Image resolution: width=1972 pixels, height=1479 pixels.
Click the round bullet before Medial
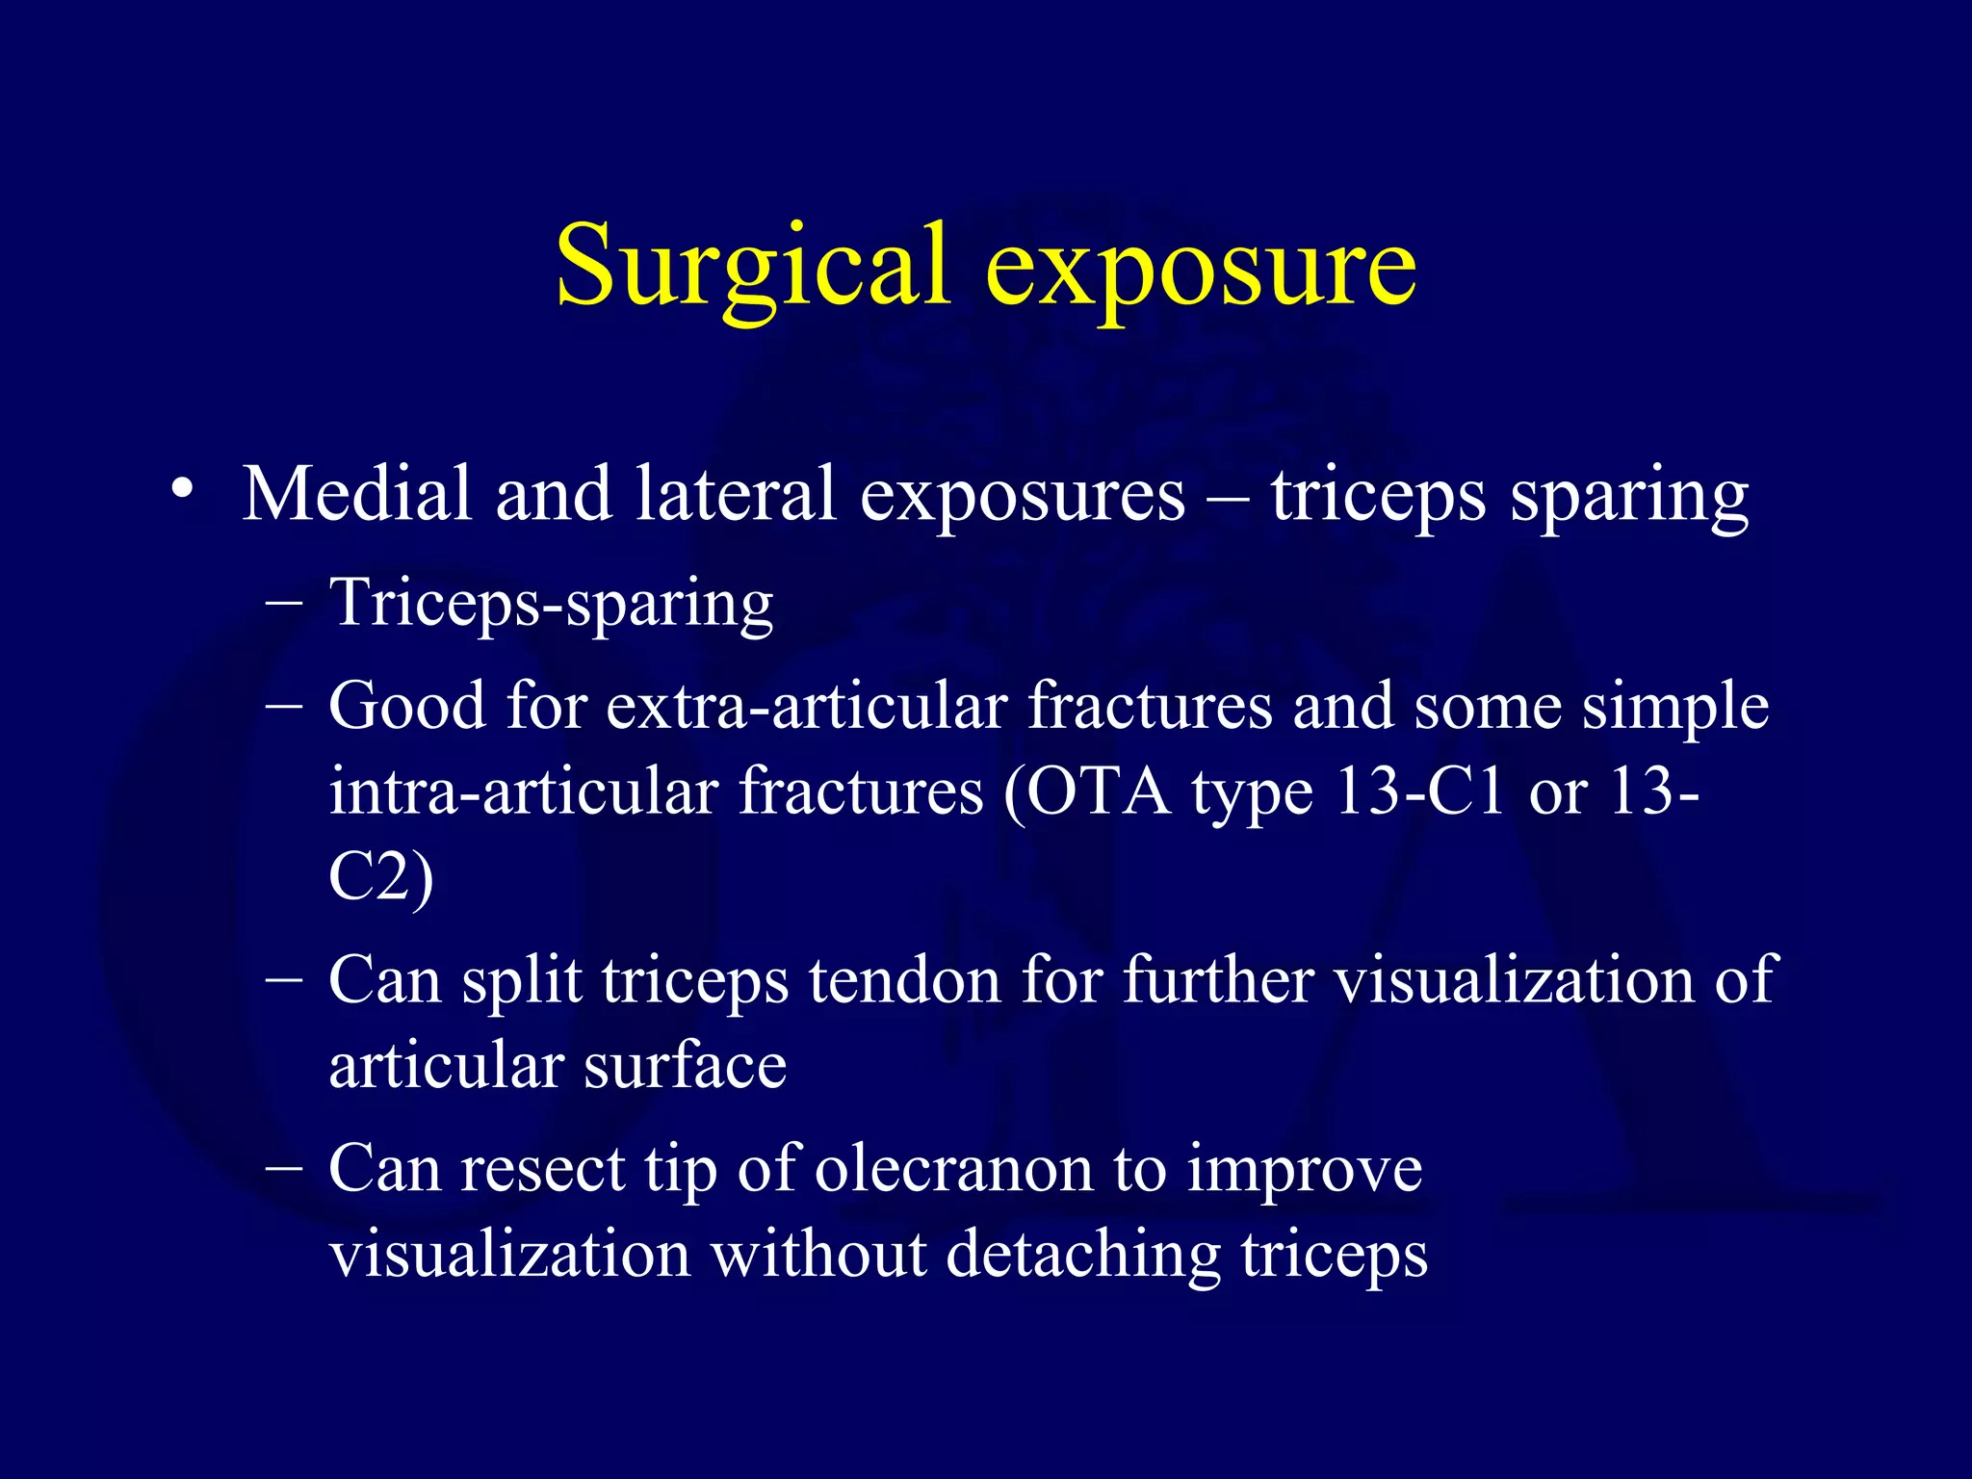coord(182,489)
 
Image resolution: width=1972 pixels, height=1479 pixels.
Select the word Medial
coord(356,495)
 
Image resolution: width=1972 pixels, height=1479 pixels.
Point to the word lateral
coord(735,495)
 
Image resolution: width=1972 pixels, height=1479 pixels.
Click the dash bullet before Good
coord(284,706)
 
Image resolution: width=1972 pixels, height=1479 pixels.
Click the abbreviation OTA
coord(1098,793)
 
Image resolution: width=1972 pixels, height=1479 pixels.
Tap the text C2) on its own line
coord(381,878)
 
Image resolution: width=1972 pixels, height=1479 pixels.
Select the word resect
coord(543,1170)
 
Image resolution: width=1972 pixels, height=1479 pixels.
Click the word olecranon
coord(953,1170)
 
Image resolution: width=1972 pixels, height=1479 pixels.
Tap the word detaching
coord(1083,1256)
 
